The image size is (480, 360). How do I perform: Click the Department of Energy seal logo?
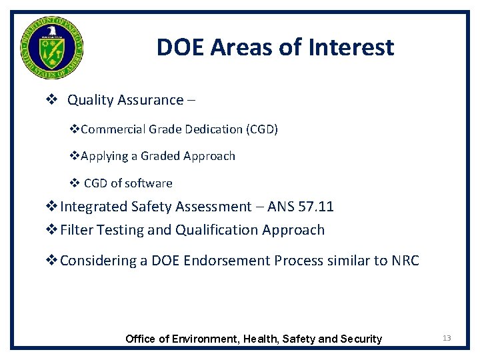[x=52, y=47]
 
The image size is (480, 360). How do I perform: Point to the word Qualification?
[x=214, y=230]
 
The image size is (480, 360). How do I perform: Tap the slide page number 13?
[x=447, y=338]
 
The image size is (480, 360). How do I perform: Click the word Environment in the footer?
[x=204, y=339]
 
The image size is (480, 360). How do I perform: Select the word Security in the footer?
[x=362, y=339]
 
